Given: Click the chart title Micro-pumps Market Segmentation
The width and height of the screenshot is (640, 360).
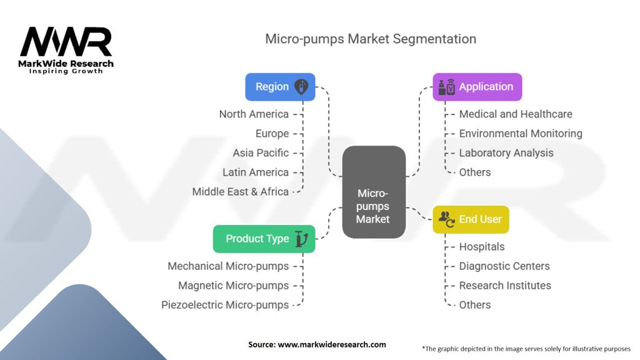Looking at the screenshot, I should click(x=370, y=39).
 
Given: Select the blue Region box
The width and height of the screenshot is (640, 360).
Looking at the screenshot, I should click(x=280, y=87).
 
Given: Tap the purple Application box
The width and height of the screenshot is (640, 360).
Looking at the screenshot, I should click(x=477, y=87).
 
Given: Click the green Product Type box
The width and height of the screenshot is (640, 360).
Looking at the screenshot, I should click(x=264, y=239).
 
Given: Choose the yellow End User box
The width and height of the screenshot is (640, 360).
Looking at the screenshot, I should click(x=471, y=219).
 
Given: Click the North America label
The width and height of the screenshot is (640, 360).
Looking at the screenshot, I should click(x=254, y=114).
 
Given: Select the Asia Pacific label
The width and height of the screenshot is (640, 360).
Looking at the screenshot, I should click(x=261, y=152).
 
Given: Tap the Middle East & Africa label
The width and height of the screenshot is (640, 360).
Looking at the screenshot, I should click(x=240, y=192).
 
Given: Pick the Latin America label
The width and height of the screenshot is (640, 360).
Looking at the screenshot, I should click(x=256, y=172).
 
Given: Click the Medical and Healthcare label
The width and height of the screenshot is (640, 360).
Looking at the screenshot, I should click(x=516, y=114).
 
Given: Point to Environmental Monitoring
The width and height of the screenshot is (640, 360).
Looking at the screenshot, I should click(x=521, y=133).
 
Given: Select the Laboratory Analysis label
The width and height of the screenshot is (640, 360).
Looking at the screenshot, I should click(x=506, y=152).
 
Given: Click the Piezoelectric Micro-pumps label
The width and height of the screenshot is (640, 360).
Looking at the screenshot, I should click(x=225, y=305).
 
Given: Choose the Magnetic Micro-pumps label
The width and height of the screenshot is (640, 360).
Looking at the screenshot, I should click(x=233, y=286).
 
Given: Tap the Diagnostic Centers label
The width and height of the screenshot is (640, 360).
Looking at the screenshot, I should click(x=504, y=266).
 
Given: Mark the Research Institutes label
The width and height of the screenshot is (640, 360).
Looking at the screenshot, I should click(x=505, y=286).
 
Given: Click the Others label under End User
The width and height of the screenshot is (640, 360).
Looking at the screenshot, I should click(x=475, y=305).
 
